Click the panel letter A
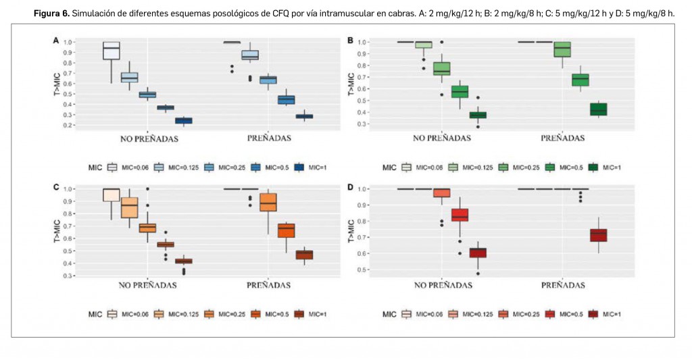(56, 41)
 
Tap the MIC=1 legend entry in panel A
(310, 167)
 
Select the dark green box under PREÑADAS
(598, 109)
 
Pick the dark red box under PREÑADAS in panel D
(598, 234)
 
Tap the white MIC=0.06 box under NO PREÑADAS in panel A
(111, 51)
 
